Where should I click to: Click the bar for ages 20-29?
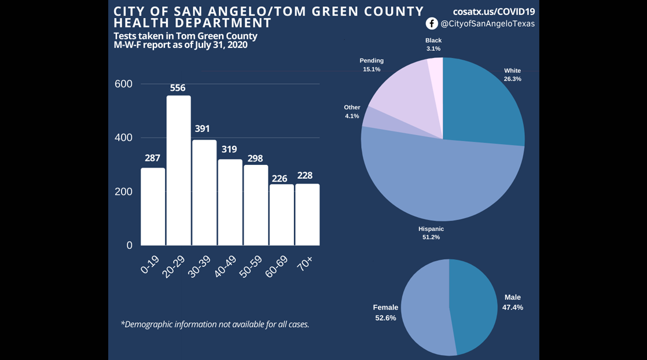178,171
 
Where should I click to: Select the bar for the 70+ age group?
307,215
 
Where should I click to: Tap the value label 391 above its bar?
202,129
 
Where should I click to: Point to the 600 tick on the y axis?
123,84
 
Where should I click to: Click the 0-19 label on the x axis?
150,265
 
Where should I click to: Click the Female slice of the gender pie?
425,307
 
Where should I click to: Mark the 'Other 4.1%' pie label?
352,111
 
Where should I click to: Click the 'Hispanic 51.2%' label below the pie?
431,233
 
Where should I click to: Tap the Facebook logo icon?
432,24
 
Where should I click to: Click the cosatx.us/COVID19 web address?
494,11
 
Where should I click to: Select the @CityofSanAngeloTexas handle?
487,24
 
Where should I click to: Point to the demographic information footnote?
215,324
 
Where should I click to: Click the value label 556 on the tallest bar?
178,88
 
